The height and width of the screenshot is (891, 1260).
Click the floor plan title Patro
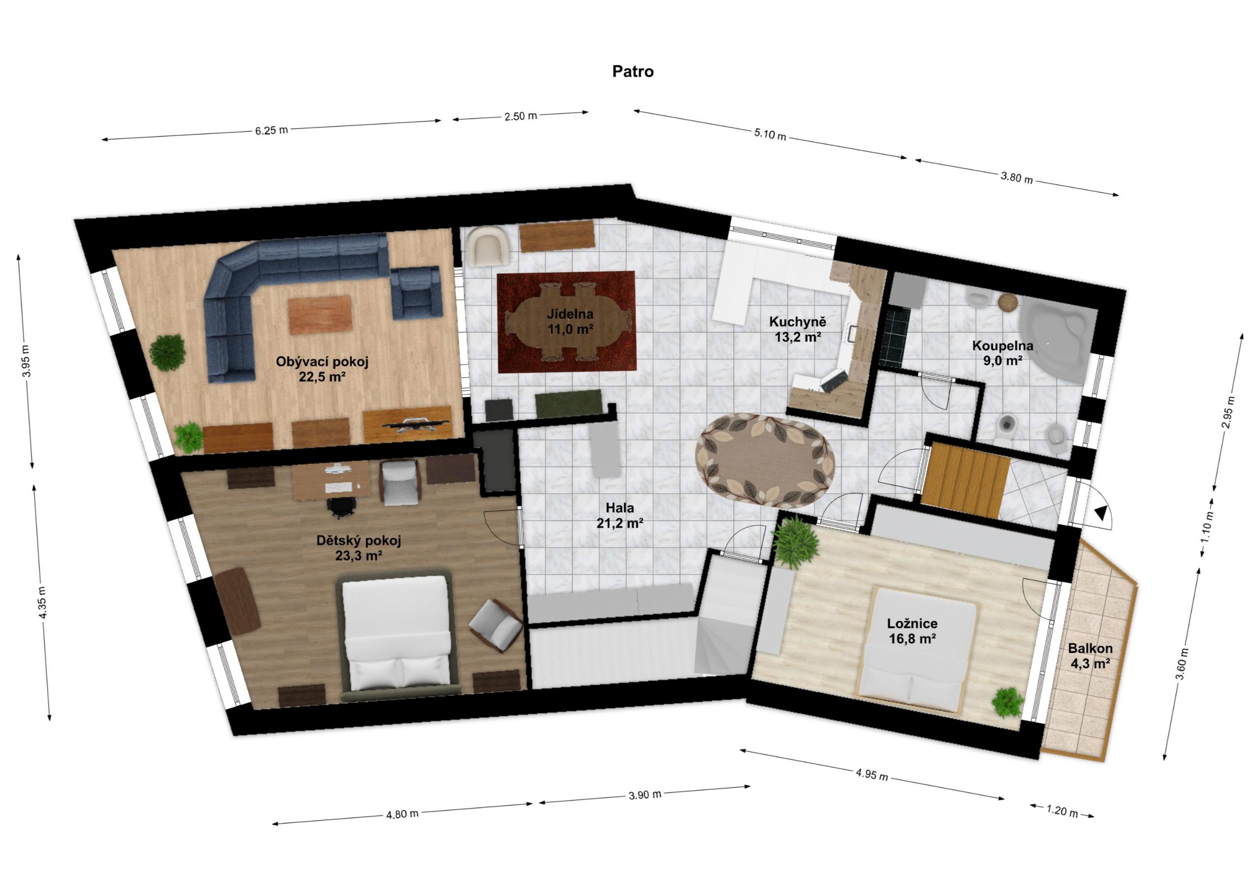point(633,72)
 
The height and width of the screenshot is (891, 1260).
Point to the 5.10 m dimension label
point(770,134)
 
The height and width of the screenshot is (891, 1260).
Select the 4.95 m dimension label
point(872,776)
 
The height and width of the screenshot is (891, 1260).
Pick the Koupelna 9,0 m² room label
point(1003,353)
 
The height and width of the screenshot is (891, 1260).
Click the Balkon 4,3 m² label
point(1090,656)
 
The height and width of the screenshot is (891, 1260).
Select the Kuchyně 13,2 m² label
point(797,329)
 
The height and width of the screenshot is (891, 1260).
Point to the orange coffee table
point(320,315)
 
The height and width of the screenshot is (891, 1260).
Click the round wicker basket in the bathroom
point(1008,302)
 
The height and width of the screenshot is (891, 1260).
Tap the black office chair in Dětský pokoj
point(341,507)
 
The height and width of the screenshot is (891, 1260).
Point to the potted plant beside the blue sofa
point(167,353)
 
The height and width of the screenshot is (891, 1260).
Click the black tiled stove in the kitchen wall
point(894,336)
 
